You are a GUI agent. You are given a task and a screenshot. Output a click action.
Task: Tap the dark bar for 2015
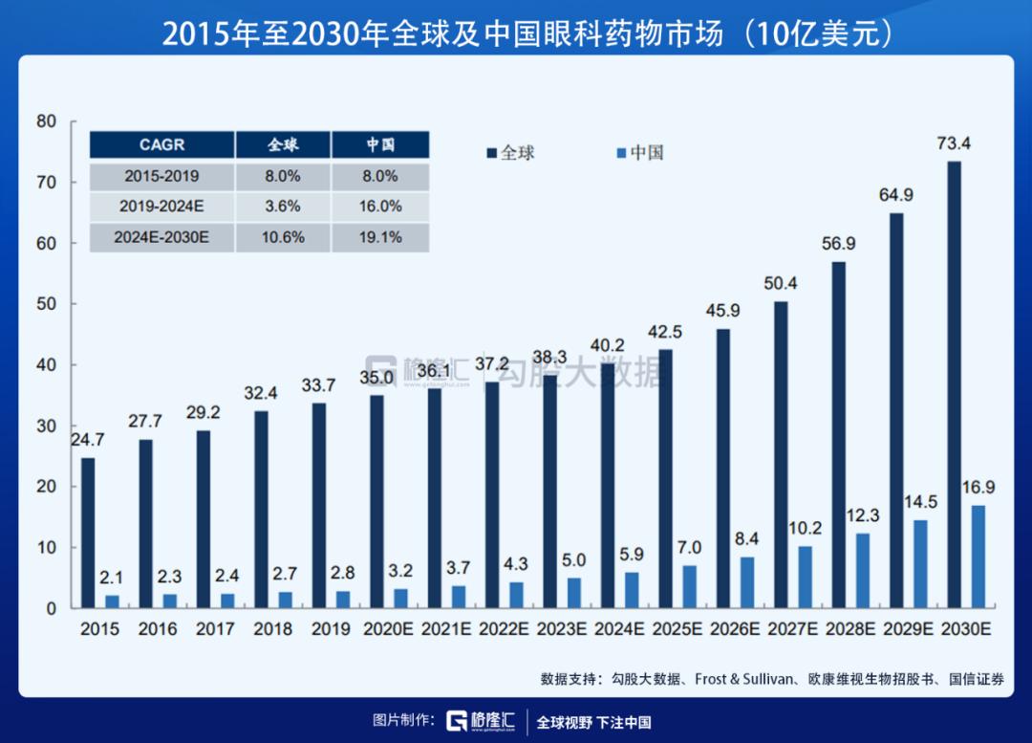pos(88,533)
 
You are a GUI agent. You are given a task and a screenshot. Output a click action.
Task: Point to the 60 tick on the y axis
pos(46,243)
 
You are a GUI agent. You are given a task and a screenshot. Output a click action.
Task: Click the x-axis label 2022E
pos(505,629)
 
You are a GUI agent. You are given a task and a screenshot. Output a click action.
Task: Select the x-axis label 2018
pos(273,629)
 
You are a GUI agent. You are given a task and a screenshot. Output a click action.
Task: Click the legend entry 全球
pos(510,152)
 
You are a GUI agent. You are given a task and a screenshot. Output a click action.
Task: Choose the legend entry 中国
pos(639,152)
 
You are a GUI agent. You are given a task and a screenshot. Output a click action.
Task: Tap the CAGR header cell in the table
pos(161,145)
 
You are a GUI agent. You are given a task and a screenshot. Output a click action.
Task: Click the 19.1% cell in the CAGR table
pos(380,237)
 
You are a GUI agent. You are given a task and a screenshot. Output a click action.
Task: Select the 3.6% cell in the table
pos(283,206)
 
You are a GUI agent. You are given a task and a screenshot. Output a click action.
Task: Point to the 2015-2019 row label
pos(161,176)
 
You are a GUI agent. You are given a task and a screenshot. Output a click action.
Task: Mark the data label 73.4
pos(954,144)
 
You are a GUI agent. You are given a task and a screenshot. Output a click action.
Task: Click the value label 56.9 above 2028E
pos(838,244)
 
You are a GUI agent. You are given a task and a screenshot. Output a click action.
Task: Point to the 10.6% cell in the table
pos(283,237)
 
